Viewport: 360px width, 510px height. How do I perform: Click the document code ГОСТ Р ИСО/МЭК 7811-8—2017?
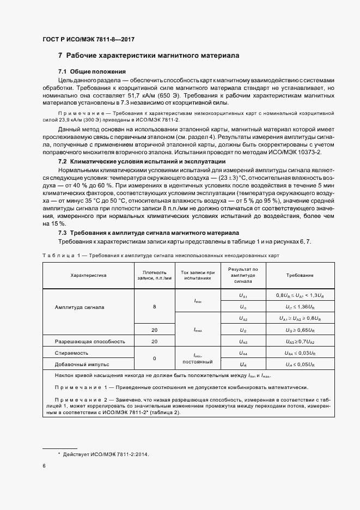[88, 40]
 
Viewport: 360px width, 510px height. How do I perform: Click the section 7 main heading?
[148, 56]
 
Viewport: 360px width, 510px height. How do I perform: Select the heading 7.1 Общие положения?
[92, 72]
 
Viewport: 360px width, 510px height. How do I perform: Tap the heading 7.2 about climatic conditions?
[139, 162]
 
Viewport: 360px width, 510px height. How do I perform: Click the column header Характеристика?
[88, 276]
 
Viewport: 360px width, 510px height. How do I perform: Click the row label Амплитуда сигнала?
[83, 307]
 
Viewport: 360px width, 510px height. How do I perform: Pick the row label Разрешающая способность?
[90, 342]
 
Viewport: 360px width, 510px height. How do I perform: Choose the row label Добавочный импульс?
[82, 364]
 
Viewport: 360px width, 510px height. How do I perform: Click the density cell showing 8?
[154, 307]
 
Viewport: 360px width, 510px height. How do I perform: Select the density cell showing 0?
[154, 359]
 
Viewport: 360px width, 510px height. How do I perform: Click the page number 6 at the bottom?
[44, 466]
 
